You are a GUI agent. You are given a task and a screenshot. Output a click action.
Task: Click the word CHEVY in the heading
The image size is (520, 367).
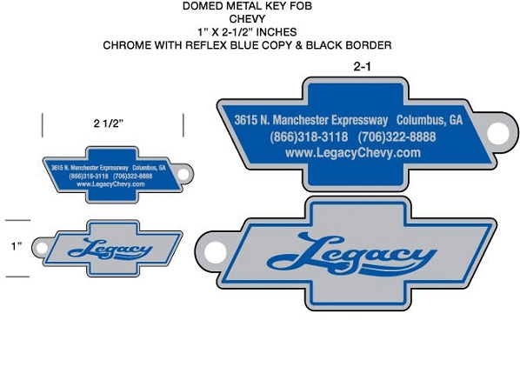(247, 19)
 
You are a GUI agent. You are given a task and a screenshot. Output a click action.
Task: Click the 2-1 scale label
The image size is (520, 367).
(362, 67)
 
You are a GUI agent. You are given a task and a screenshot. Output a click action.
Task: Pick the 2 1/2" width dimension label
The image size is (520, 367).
(109, 123)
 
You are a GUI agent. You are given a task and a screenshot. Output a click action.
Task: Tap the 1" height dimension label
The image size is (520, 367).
(17, 246)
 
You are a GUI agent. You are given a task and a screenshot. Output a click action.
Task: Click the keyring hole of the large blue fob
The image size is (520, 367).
(497, 133)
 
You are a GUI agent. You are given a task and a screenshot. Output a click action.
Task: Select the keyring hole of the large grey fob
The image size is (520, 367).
(216, 252)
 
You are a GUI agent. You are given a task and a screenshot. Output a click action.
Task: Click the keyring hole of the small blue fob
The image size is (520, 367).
(183, 174)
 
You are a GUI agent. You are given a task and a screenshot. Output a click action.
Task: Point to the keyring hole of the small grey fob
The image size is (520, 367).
(42, 248)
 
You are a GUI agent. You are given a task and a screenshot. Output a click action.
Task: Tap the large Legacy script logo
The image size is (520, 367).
(351, 255)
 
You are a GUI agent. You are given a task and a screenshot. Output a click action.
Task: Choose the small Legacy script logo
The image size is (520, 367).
(110, 250)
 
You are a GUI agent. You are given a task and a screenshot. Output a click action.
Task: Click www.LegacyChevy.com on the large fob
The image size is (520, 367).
(353, 153)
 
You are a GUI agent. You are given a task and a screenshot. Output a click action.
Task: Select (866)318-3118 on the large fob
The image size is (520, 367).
(309, 137)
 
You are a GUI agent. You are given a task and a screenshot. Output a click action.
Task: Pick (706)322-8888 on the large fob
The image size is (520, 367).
(397, 137)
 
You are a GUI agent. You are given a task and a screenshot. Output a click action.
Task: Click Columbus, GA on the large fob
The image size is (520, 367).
(430, 120)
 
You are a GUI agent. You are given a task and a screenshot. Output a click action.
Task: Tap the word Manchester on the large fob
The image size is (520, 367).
(301, 120)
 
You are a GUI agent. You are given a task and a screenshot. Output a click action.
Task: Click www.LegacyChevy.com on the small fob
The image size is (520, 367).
(110, 184)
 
